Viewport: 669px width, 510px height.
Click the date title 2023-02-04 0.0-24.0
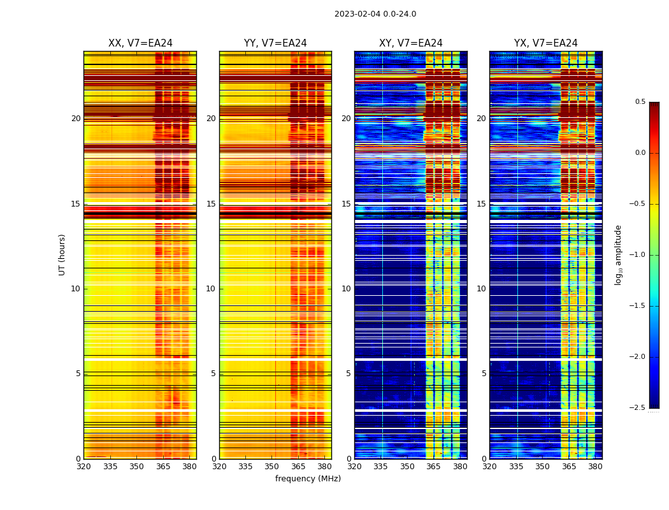375,14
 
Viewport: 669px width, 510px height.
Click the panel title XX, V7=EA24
140,43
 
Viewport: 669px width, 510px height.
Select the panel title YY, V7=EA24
275,43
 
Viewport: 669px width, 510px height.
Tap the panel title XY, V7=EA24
410,43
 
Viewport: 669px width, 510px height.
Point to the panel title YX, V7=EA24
545,43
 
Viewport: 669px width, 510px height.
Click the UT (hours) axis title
62,254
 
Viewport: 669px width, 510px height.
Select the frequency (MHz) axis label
308,479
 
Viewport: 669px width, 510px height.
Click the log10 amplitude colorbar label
618,254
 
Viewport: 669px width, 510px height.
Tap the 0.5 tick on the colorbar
640,102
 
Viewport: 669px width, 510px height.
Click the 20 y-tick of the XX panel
76,119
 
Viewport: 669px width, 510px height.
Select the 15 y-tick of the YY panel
211,204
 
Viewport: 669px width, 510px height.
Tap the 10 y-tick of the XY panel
346,289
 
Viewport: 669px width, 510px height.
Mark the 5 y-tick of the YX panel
484,374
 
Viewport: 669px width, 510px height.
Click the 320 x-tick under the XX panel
83,467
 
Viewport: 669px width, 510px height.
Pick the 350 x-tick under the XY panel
407,467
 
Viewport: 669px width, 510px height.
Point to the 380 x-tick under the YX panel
595,467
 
